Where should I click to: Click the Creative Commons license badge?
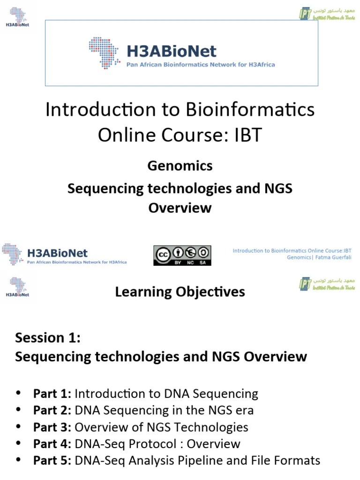coord(182,255)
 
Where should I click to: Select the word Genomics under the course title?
coord(180,166)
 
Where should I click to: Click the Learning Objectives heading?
coord(180,292)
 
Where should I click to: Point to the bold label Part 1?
coord(52,394)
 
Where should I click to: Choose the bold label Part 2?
coord(52,411)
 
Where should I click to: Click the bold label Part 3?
coord(52,427)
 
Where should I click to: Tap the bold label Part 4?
coord(52,444)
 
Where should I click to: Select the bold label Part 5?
coord(52,461)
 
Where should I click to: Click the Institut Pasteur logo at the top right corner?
coord(327,14)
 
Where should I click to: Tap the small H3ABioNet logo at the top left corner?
coord(17,17)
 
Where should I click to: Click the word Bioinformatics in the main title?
coord(251,110)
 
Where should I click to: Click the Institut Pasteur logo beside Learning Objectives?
coord(327,284)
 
